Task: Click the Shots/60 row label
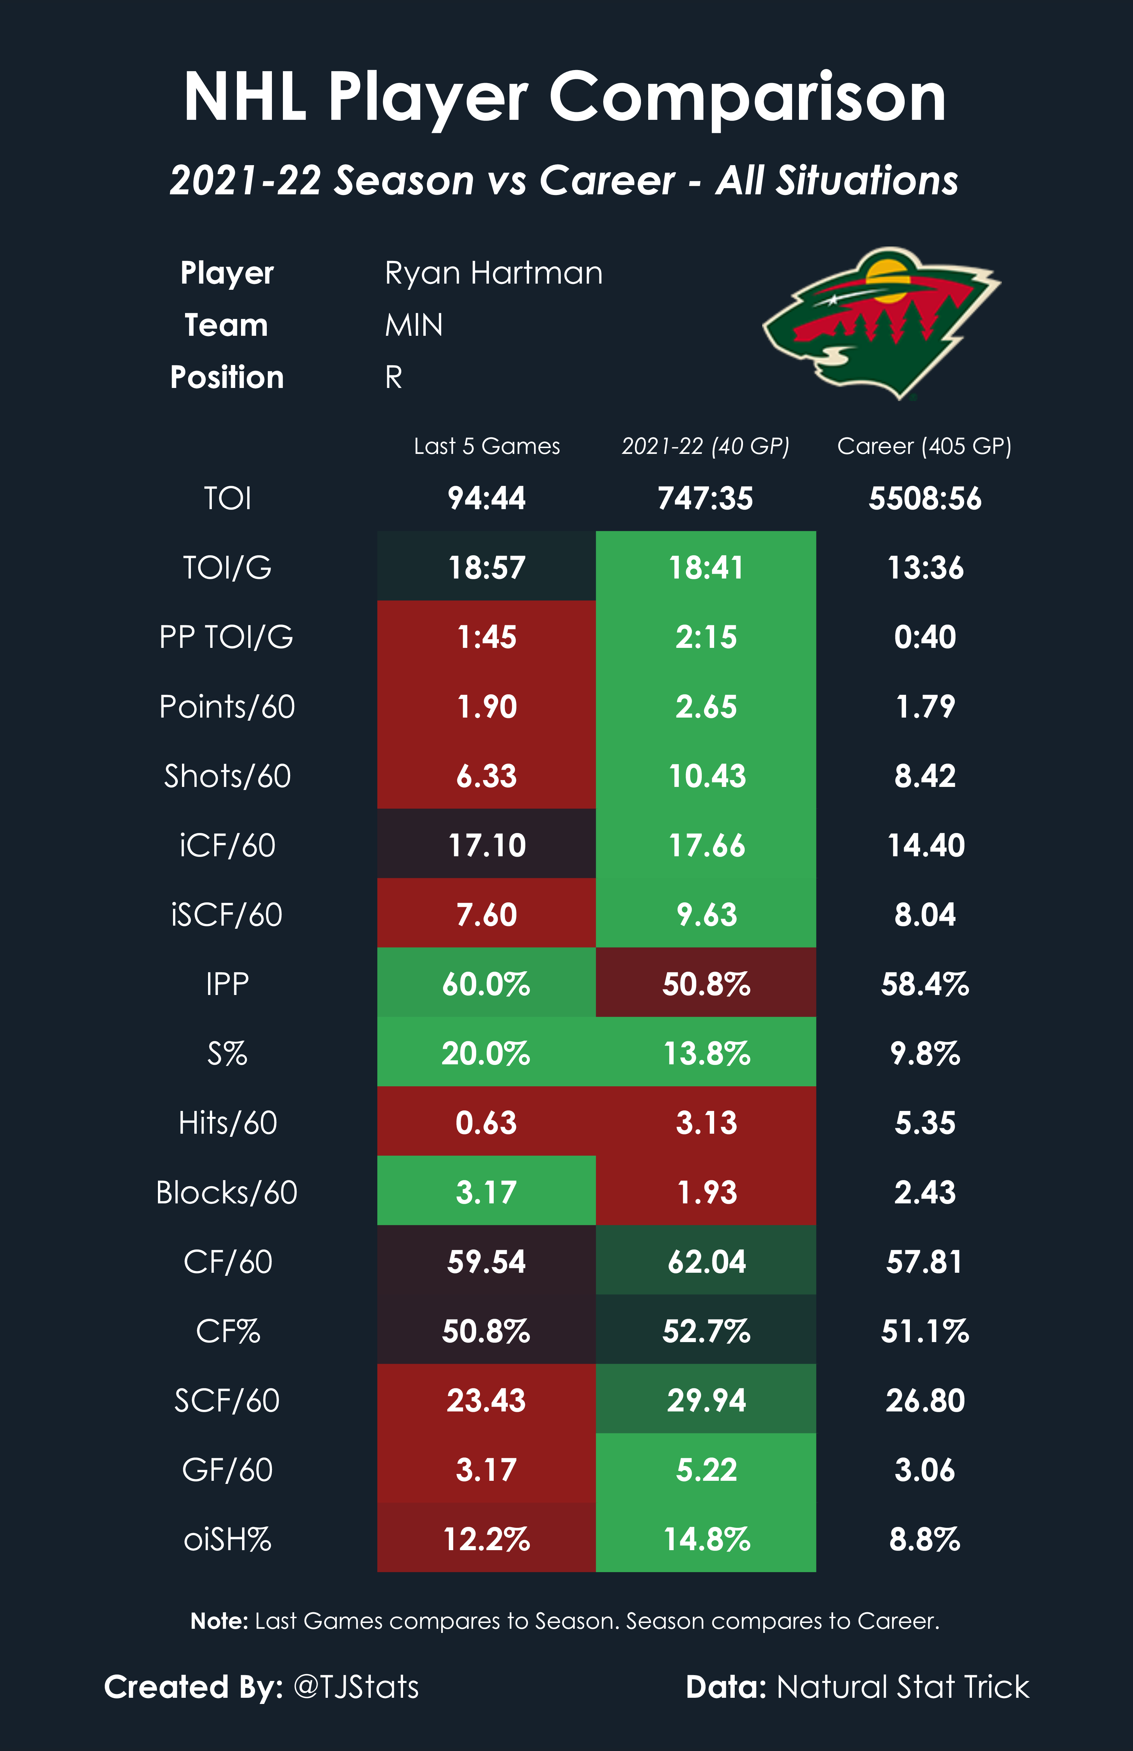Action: [227, 776]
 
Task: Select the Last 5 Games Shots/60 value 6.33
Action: [486, 776]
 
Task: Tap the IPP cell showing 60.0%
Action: [486, 984]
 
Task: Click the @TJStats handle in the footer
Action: [356, 1686]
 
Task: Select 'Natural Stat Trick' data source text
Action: [903, 1686]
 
